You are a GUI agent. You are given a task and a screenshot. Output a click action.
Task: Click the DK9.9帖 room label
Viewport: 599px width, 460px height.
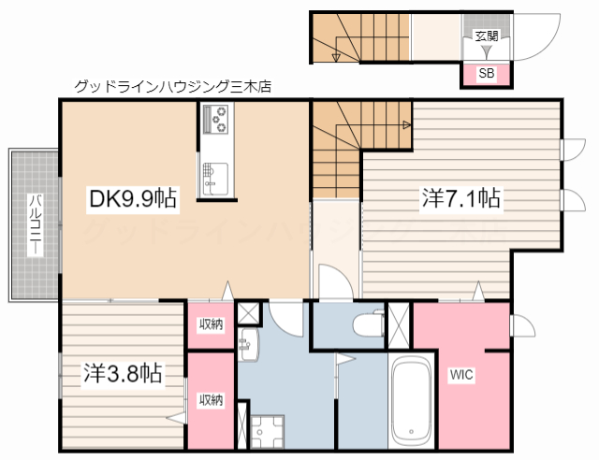[132, 197]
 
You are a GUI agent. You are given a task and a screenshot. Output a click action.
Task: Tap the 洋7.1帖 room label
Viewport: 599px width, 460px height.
[461, 197]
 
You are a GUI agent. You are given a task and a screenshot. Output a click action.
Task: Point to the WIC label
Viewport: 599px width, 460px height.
[461, 375]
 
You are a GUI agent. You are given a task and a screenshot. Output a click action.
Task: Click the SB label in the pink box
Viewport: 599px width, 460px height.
[487, 73]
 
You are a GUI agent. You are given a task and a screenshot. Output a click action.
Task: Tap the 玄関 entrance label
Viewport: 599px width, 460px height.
[487, 36]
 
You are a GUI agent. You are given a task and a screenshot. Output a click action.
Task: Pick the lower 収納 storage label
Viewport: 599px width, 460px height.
[211, 399]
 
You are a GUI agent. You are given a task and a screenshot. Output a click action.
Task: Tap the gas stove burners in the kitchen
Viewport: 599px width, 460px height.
[216, 120]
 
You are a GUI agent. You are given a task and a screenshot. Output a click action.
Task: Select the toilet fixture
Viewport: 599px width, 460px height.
[365, 324]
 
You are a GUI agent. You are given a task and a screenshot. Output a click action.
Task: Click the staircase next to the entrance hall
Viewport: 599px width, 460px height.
[360, 37]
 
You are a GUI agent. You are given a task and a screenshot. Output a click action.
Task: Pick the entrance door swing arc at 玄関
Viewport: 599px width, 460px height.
[533, 37]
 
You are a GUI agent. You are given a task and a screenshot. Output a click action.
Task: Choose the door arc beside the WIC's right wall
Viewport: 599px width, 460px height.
[521, 326]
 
